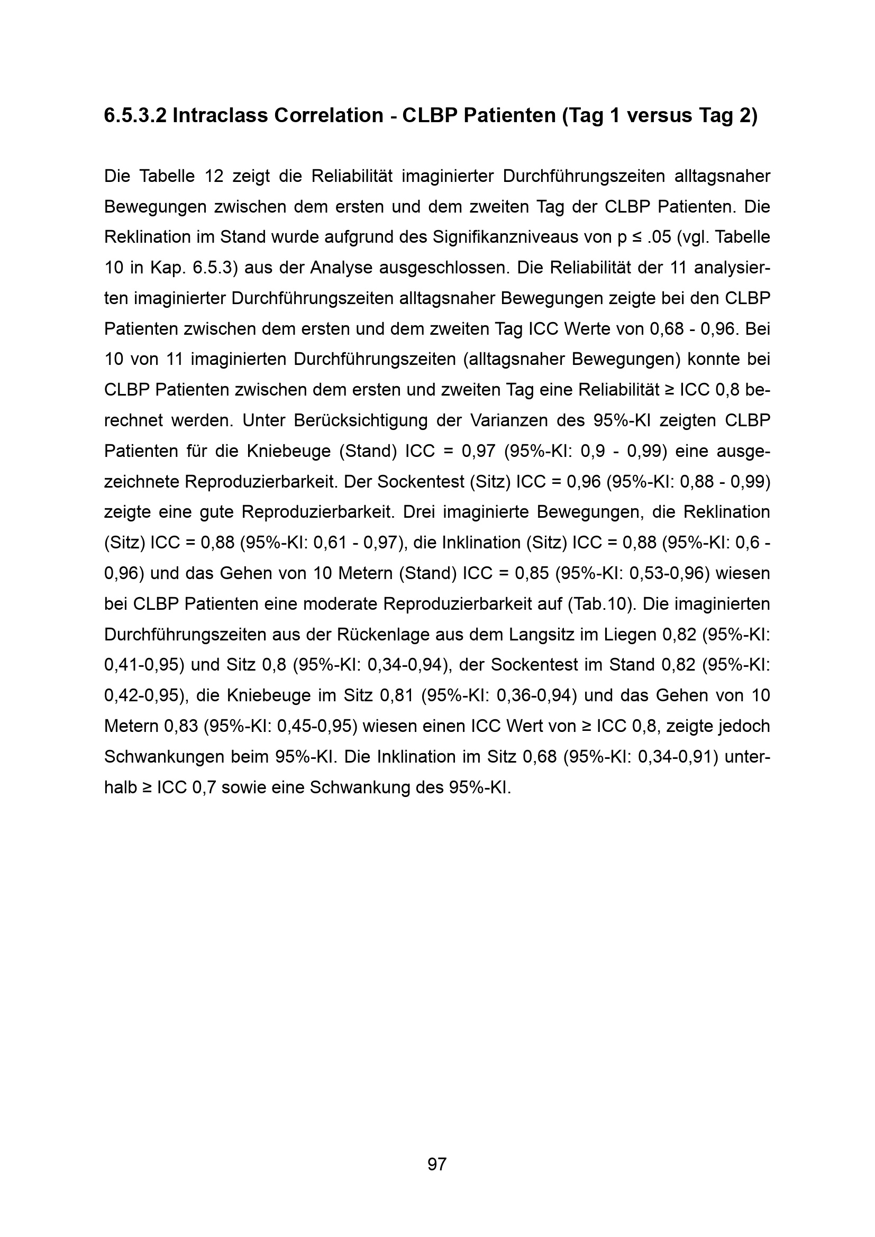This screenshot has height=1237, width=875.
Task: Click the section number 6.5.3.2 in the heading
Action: coord(135,116)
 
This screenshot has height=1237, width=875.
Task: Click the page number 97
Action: coord(437,1165)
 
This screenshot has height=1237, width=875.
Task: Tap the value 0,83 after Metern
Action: coord(181,726)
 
